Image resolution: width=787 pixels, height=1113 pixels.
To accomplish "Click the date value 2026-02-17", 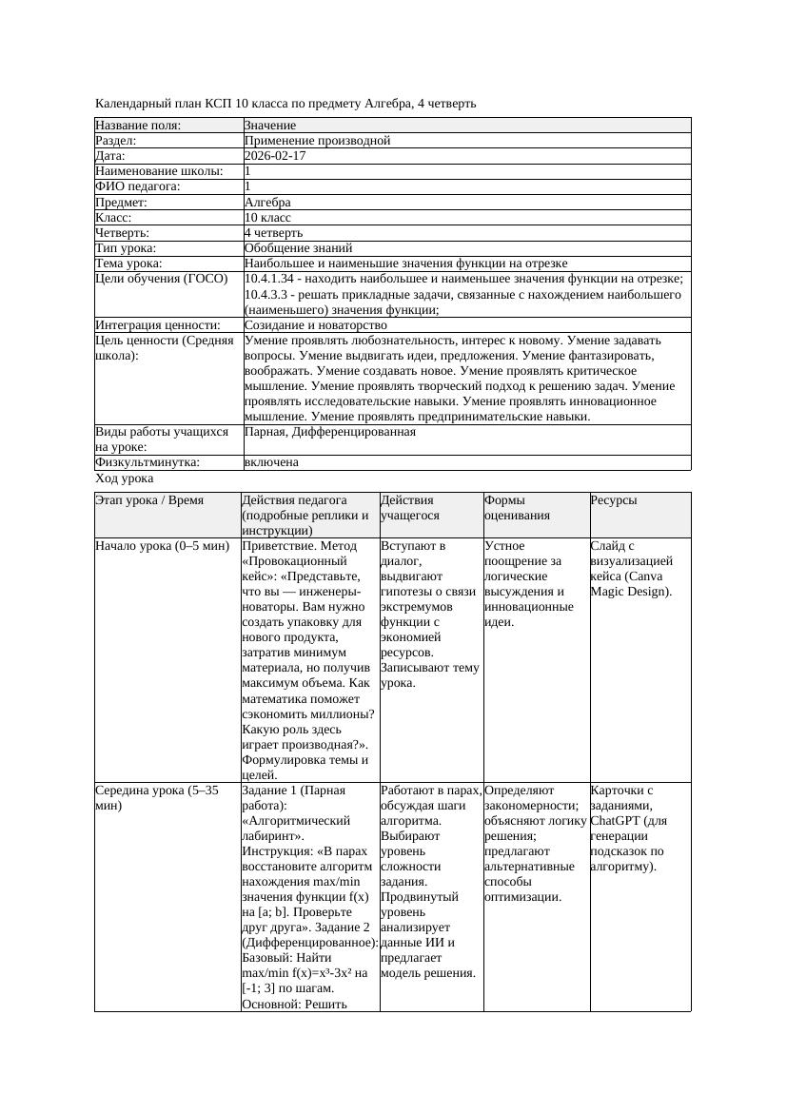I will tap(275, 156).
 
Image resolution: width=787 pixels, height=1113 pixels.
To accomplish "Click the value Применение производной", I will tap(317, 141).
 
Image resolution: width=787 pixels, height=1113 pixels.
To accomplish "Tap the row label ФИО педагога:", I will tap(138, 187).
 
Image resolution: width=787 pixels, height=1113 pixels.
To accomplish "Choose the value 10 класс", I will tap(267, 218).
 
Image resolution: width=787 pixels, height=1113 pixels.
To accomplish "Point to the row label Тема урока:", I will tap(129, 264).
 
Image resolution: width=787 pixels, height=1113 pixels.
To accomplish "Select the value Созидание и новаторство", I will tap(315, 325).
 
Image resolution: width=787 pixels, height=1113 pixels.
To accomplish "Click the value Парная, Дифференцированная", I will tap(329, 432).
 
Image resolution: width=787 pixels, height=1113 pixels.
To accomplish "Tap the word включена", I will tap(271, 462).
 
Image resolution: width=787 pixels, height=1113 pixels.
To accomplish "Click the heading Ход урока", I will tap(124, 478).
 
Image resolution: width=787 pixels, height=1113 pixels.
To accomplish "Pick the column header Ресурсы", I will tap(614, 500).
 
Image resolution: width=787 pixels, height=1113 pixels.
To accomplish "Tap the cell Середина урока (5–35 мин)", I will tap(157, 797).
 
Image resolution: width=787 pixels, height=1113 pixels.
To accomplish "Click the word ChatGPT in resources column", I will tap(616, 821).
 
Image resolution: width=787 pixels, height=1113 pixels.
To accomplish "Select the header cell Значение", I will tap(270, 126).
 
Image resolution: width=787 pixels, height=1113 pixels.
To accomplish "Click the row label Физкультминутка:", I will tap(147, 462).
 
